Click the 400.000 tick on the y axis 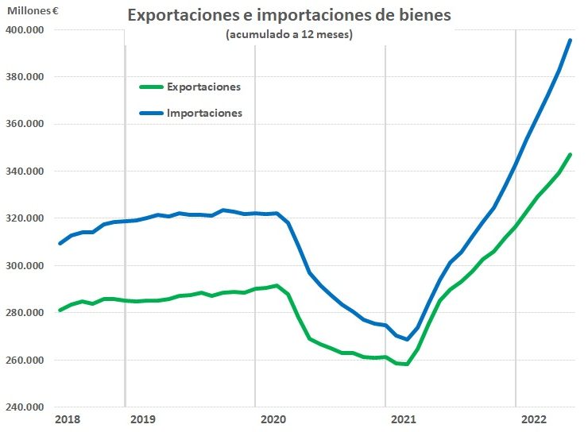tap(26, 30)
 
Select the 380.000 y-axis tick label tap(26, 77)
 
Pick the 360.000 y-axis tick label tap(26, 125)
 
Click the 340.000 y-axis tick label tap(26, 172)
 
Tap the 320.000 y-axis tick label tap(26, 218)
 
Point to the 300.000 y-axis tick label tap(26, 266)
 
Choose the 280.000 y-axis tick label tap(26, 313)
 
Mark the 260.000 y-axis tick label tap(26, 361)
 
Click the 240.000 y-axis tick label tap(26, 407)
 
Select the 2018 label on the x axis tap(68, 418)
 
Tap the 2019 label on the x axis tap(143, 418)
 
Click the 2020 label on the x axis tap(273, 418)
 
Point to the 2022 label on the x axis tap(533, 418)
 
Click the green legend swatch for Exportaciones tap(150, 87)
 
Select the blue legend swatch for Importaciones tap(150, 113)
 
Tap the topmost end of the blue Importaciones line tap(570, 40)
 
